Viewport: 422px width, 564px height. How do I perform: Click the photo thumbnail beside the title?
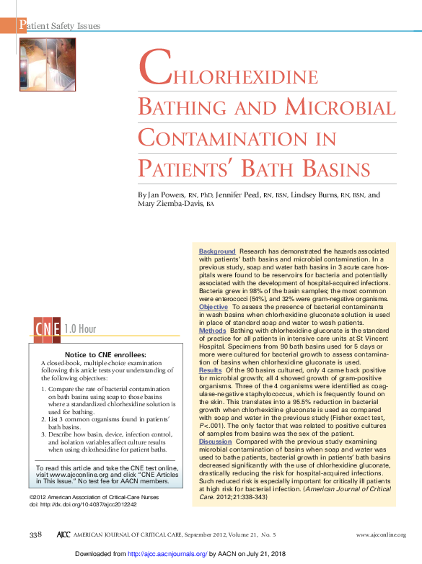click(46, 64)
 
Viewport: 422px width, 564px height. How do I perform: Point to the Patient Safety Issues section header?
click(59, 26)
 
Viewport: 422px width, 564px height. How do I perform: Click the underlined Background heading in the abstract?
click(217, 251)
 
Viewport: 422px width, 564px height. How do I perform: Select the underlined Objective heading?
click(214, 307)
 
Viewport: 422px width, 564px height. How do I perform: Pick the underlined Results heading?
click(210, 370)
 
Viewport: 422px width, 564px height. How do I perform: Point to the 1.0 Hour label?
click(80, 329)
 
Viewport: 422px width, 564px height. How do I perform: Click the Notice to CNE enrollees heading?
click(105, 355)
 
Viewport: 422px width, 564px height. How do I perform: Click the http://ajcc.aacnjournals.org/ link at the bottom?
click(168, 554)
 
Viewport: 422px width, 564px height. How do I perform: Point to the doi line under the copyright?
click(83, 505)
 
